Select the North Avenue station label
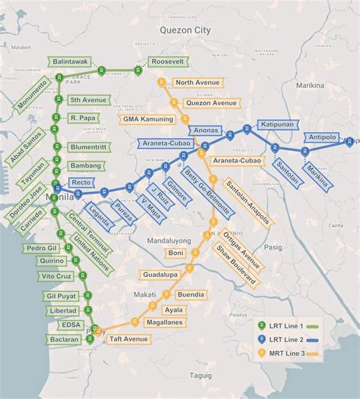pos(196,83)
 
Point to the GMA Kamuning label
pos(147,119)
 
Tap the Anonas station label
pos(205,130)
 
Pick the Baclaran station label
pos(63,339)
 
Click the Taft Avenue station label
pos(125,338)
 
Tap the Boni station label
pos(176,253)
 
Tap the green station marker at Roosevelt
pos(137,70)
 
